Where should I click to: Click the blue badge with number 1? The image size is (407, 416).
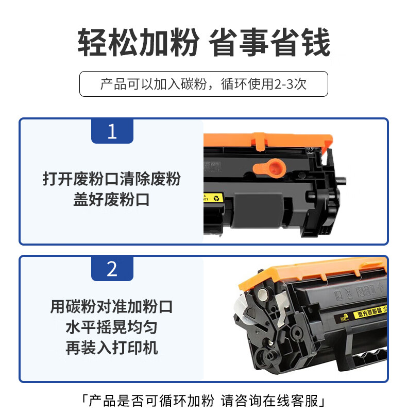(112, 131)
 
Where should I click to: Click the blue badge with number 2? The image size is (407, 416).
(112, 268)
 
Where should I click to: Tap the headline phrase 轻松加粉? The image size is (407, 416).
(138, 42)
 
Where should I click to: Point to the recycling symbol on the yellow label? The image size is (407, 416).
(216, 198)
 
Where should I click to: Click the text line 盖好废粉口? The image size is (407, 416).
(111, 200)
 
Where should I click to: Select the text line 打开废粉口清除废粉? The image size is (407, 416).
(111, 179)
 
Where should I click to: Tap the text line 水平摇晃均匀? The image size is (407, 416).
(111, 327)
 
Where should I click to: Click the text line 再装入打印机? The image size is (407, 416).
(111, 348)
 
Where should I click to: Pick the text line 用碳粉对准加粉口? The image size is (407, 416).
(111, 306)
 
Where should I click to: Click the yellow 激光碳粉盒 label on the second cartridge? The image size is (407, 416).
(369, 313)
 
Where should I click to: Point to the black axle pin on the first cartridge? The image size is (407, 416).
(342, 181)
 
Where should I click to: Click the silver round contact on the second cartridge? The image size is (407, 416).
(263, 293)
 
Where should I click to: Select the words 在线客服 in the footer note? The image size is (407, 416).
(290, 401)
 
